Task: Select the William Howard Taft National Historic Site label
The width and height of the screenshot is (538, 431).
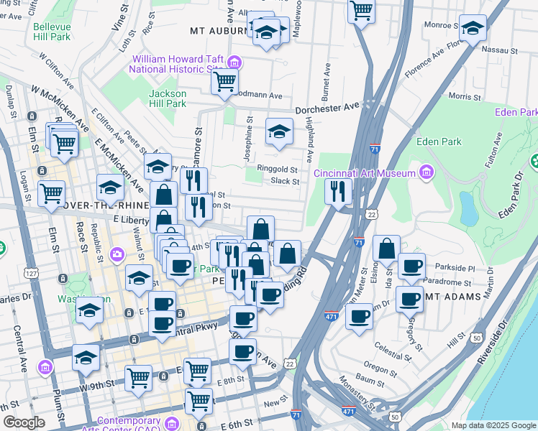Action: [175, 64]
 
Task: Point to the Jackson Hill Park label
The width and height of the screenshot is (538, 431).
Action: [168, 98]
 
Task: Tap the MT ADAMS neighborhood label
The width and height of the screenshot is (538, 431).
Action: [449, 295]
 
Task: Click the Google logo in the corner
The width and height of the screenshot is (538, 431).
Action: [24, 422]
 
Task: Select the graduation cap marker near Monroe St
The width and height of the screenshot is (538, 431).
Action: [472, 28]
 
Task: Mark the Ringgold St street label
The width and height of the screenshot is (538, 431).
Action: [281, 170]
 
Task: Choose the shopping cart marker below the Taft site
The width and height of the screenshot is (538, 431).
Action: [224, 82]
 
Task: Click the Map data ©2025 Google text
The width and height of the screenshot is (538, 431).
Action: [493, 425]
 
